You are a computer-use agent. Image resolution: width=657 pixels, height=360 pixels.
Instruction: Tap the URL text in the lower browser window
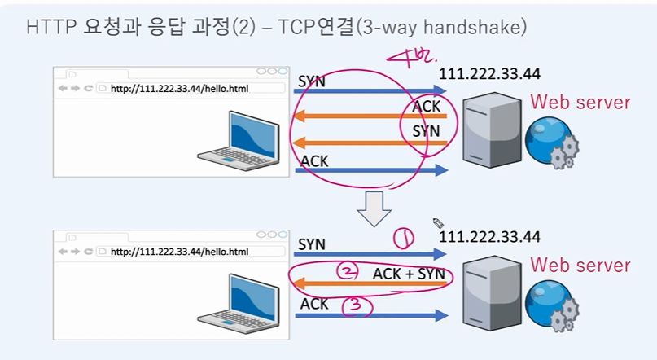[x=178, y=252]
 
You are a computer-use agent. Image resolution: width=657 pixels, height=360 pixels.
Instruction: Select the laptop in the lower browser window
[x=236, y=301]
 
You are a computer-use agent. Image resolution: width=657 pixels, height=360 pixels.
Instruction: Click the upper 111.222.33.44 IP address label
[x=489, y=74]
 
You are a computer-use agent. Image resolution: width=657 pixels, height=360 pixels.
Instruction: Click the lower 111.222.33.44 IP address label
[x=489, y=237]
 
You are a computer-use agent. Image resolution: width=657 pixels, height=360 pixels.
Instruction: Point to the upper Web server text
[x=580, y=102]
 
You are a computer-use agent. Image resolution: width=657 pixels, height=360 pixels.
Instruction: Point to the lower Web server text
[x=580, y=265]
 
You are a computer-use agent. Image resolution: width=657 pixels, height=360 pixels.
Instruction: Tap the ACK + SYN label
[x=409, y=274]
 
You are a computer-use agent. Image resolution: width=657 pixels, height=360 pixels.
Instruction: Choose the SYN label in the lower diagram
[x=312, y=244]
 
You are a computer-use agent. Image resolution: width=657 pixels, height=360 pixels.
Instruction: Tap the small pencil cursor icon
[x=438, y=222]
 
